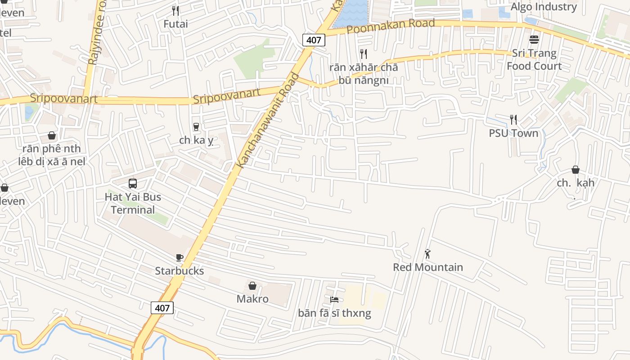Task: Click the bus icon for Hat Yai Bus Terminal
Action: pyautogui.click(x=133, y=184)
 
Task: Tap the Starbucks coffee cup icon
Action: pyautogui.click(x=180, y=258)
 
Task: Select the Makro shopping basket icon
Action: pyautogui.click(x=252, y=286)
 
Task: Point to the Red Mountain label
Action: pyautogui.click(x=428, y=267)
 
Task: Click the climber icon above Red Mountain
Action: pyautogui.click(x=427, y=254)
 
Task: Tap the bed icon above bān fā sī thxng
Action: pyautogui.click(x=334, y=300)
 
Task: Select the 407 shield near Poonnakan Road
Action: pyautogui.click(x=313, y=40)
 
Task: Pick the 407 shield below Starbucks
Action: pyautogui.click(x=162, y=308)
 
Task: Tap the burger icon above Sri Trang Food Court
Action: pyautogui.click(x=534, y=40)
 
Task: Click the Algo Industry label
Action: pyautogui.click(x=544, y=7)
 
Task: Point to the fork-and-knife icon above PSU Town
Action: pyautogui.click(x=513, y=119)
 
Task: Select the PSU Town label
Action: pyautogui.click(x=513, y=133)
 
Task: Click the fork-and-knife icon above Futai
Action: pyautogui.click(x=175, y=10)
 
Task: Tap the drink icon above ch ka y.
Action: pyautogui.click(x=196, y=127)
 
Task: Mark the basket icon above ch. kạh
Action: pyautogui.click(x=575, y=170)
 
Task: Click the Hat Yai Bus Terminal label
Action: pyautogui.click(x=133, y=203)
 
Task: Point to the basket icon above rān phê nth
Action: pyautogui.click(x=52, y=135)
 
